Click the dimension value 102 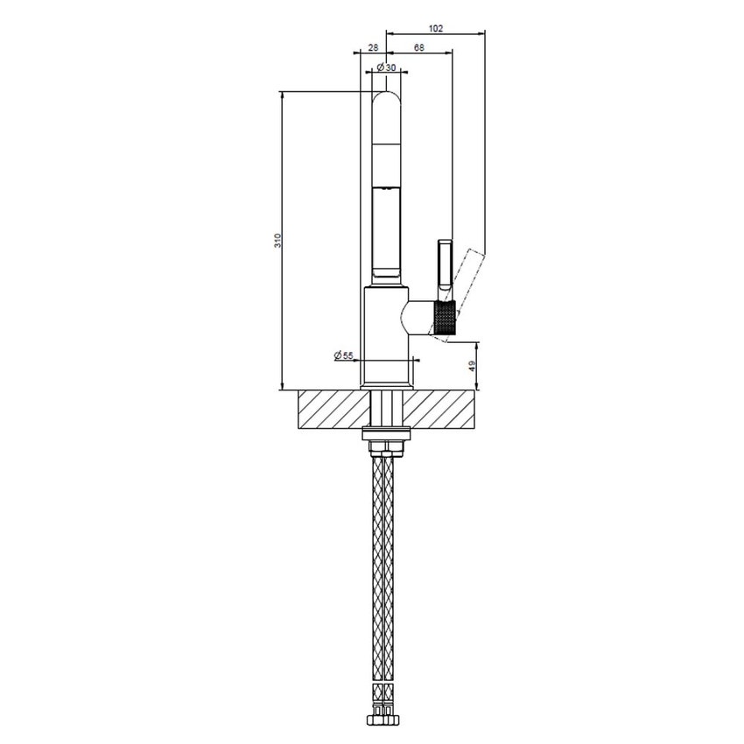pyautogui.click(x=438, y=28)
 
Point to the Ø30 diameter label pyautogui.click(x=386, y=67)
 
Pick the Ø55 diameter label pyautogui.click(x=343, y=355)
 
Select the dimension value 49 pyautogui.click(x=473, y=366)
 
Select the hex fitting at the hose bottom pyautogui.click(x=385, y=721)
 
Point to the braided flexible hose pyautogui.click(x=385, y=569)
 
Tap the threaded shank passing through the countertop pyautogui.click(x=385, y=409)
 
